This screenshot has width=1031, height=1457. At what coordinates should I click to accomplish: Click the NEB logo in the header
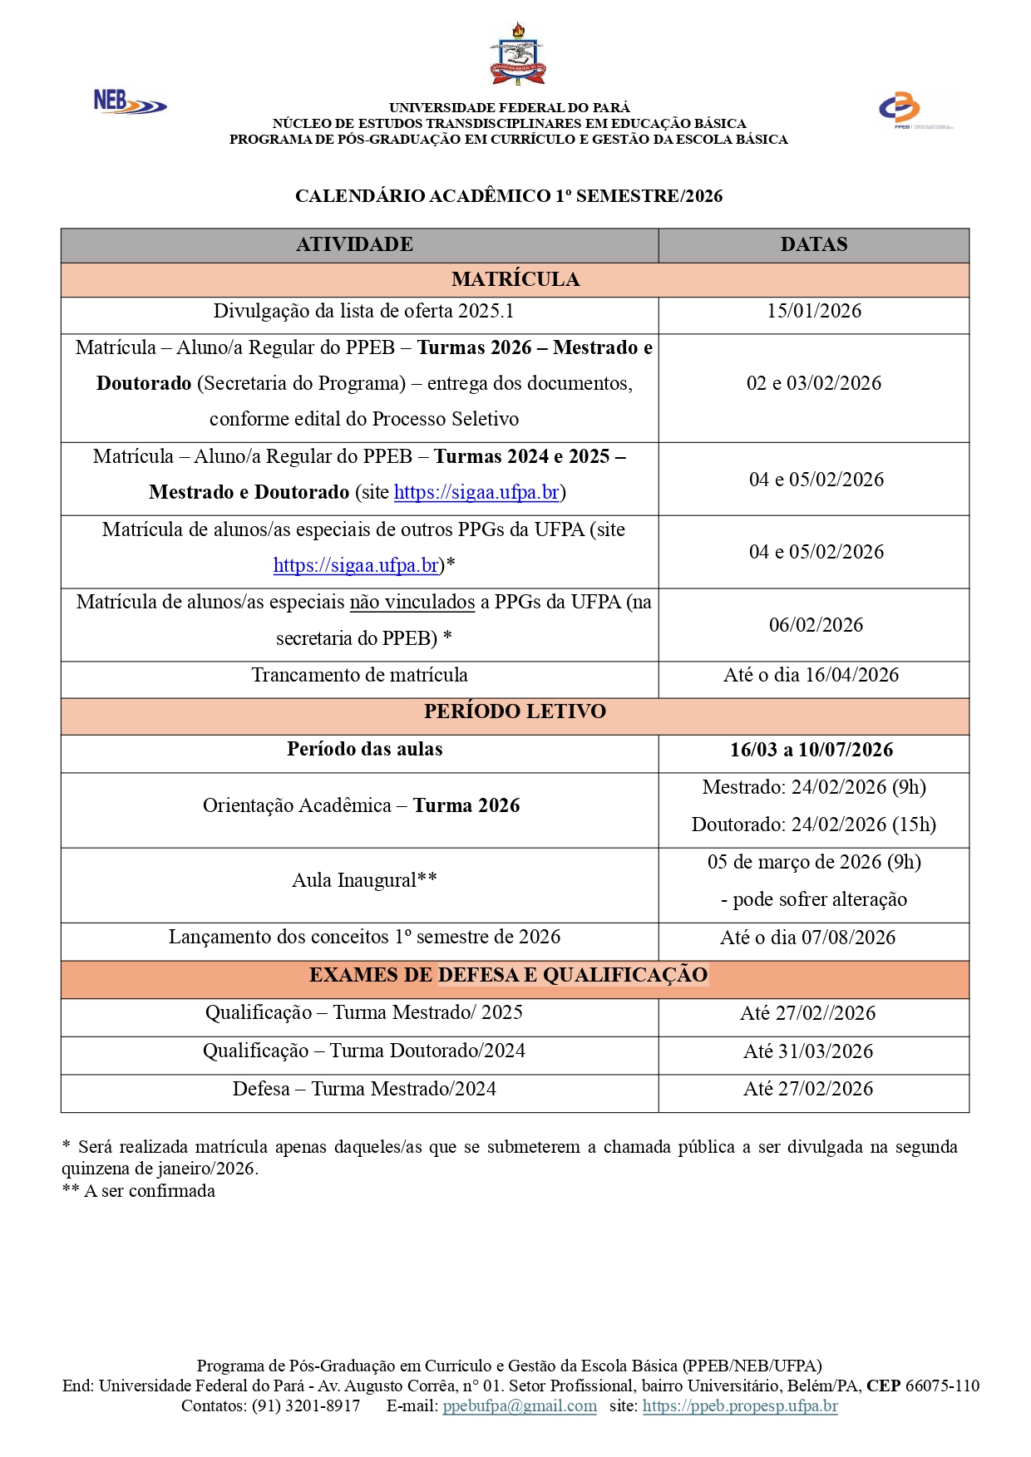click(x=129, y=102)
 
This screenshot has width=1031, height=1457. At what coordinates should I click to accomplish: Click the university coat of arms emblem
click(x=517, y=55)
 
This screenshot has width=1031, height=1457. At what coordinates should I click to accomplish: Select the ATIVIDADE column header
click(x=355, y=244)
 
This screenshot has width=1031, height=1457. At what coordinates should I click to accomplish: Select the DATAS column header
click(x=813, y=244)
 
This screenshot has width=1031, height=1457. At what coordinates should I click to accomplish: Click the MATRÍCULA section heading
click(x=515, y=279)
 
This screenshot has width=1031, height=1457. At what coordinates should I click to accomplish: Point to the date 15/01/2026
click(x=813, y=311)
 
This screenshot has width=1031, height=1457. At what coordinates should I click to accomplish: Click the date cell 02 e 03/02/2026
click(x=813, y=383)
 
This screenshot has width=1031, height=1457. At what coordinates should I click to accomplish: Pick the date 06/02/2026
click(x=816, y=625)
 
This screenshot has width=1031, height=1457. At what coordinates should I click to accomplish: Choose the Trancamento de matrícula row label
click(x=359, y=675)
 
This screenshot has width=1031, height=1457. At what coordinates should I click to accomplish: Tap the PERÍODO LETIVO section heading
click(x=515, y=711)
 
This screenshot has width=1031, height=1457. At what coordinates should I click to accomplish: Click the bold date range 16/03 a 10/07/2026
click(x=811, y=750)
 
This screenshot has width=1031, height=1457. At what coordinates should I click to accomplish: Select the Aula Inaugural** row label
click(x=364, y=880)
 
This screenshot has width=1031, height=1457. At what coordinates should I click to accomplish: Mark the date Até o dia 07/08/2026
click(x=807, y=938)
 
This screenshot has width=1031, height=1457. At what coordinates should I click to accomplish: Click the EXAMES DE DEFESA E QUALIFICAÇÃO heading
click(x=508, y=975)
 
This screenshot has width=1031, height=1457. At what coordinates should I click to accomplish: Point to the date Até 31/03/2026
click(x=808, y=1051)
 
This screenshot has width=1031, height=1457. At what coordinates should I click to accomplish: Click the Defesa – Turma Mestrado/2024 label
click(x=364, y=1089)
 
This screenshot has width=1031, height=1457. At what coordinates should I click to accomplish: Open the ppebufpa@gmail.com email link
click(x=520, y=1405)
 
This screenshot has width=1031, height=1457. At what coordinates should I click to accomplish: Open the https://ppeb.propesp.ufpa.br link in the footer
click(x=739, y=1405)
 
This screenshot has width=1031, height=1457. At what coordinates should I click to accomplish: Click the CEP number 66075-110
click(x=942, y=1386)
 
